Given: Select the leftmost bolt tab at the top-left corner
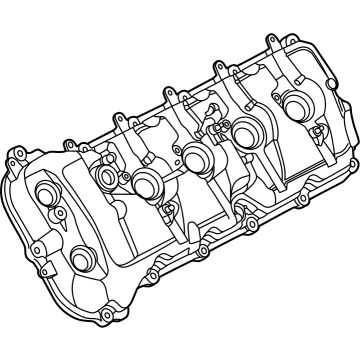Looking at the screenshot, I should point(16,155).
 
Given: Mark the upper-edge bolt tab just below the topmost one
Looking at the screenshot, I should point(215,67).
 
